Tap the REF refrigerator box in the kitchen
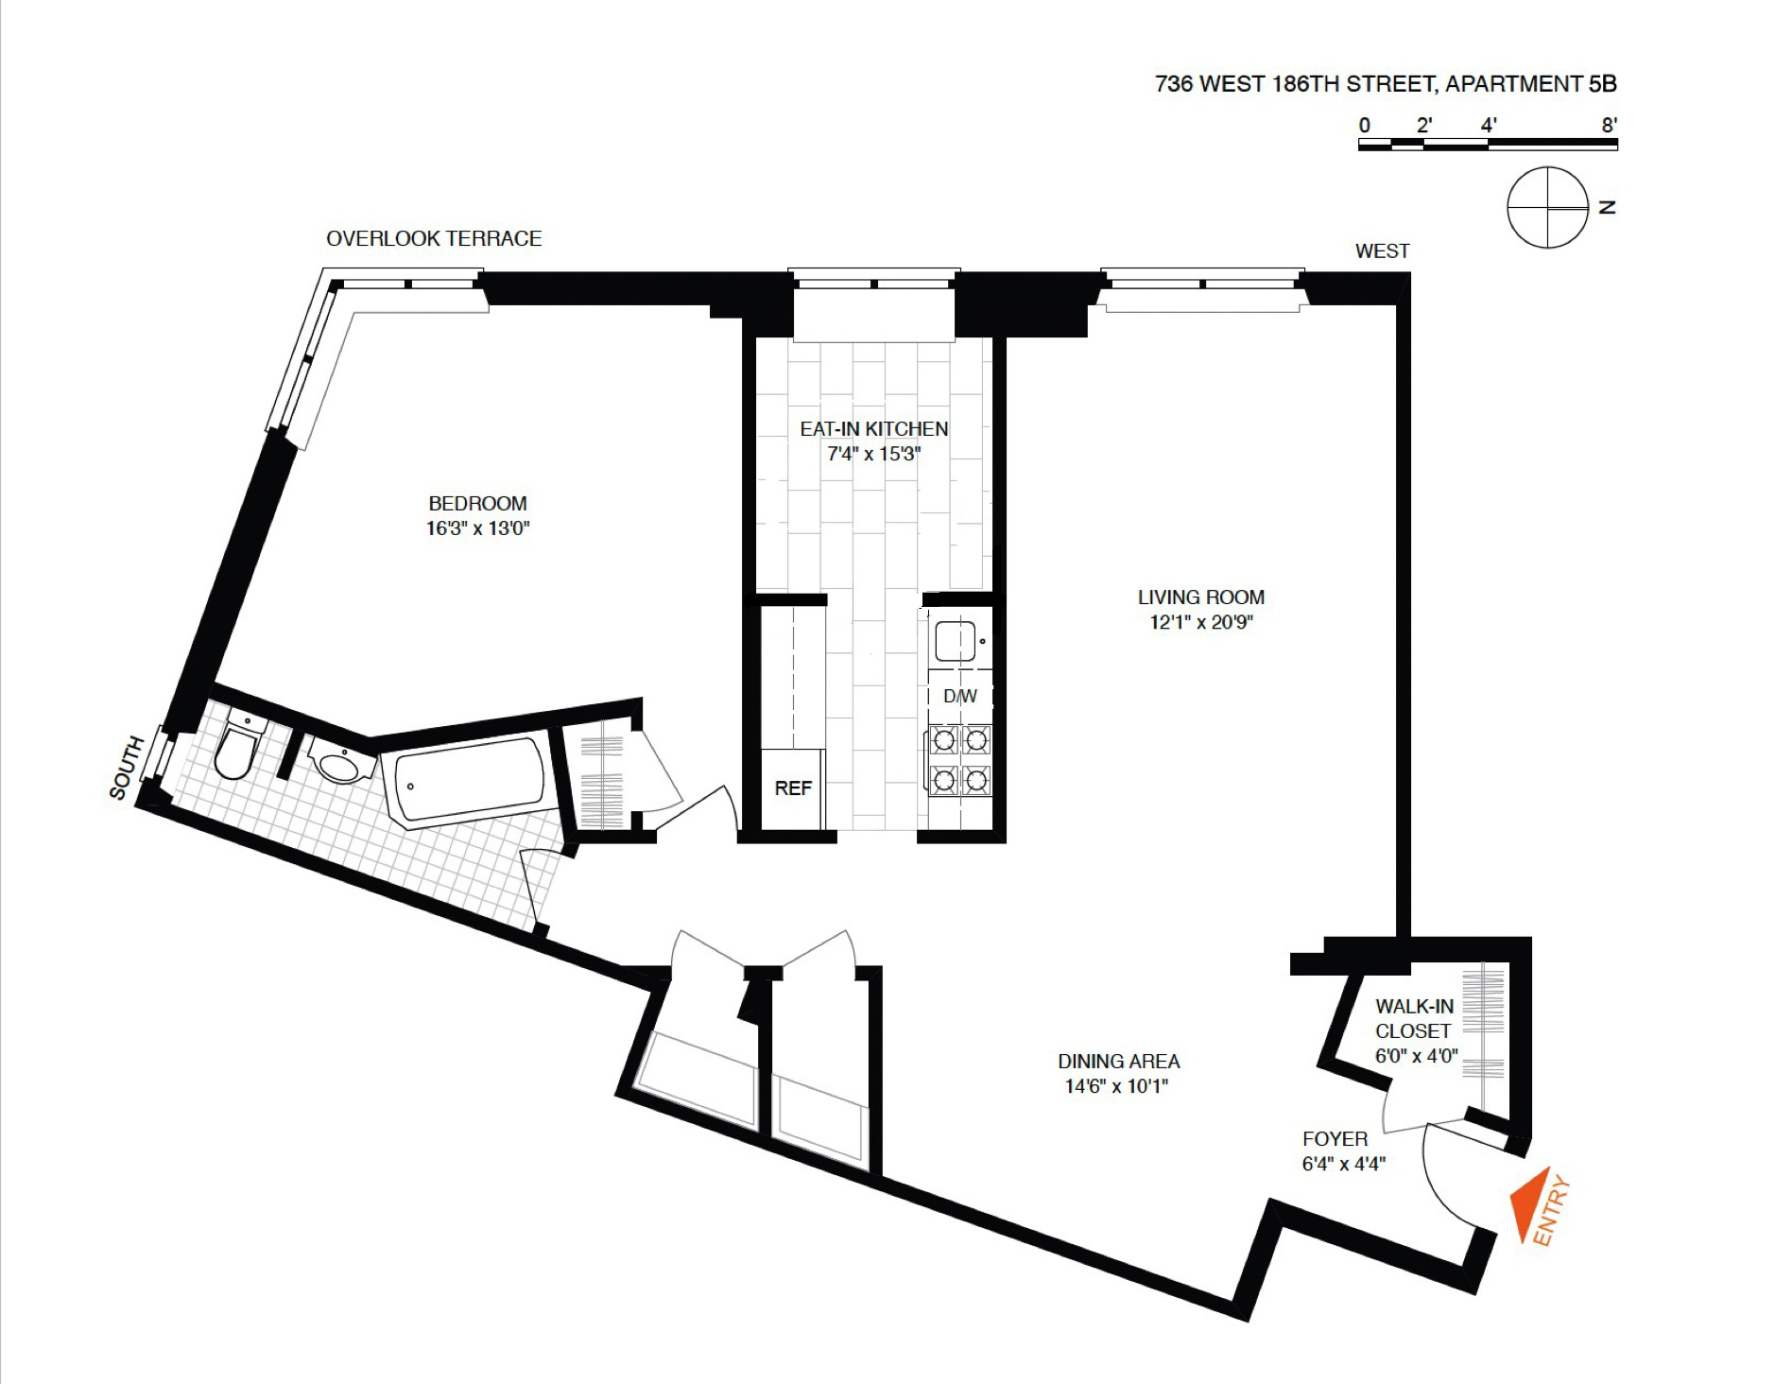pos(793,788)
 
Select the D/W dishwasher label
pos(960,697)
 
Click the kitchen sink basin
pos(955,642)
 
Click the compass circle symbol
pos(1547,208)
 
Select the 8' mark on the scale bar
pos(1610,125)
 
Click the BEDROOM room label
pos(477,503)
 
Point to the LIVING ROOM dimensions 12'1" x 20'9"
pos(1200,622)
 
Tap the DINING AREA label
pos(1118,1062)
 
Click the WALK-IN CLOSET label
pos(1414,1019)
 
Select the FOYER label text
pos(1335,1139)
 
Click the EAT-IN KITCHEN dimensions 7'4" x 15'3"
pos(873,454)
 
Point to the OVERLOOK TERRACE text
pos(434,238)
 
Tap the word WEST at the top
pos(1382,251)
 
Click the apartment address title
pos(1386,84)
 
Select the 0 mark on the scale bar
pos(1364,125)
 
